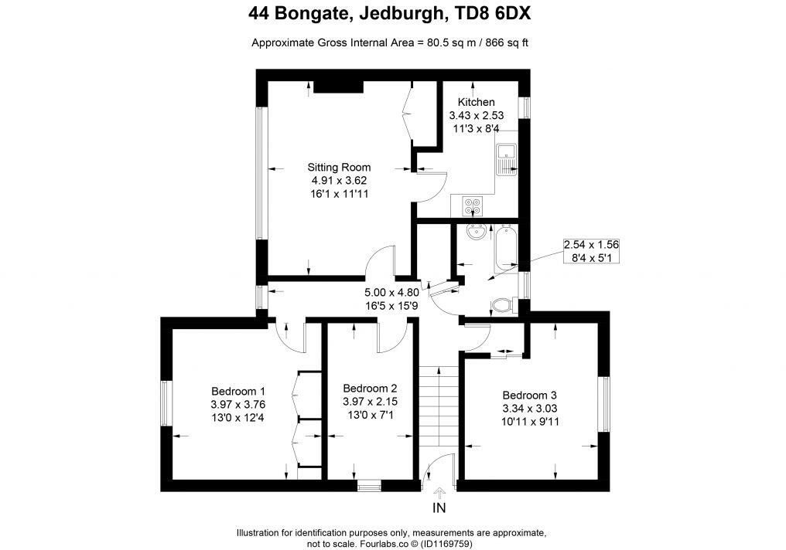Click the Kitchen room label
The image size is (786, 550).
(x=476, y=102)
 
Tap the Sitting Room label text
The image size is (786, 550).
(x=339, y=167)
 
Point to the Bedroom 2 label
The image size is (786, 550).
(x=370, y=388)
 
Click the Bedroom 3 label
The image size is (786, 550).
(x=529, y=395)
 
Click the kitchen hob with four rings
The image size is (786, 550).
(x=472, y=205)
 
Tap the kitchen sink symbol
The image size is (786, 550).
(x=507, y=160)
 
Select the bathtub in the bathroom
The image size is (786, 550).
(x=507, y=247)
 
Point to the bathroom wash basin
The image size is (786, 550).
(x=475, y=231)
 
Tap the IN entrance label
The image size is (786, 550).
(x=439, y=508)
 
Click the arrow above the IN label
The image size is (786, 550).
(x=439, y=492)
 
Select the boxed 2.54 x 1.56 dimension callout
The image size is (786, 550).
(x=591, y=251)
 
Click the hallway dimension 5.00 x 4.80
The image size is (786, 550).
(x=391, y=299)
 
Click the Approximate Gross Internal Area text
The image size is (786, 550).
(x=390, y=42)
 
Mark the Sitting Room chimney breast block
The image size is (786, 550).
(x=338, y=87)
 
